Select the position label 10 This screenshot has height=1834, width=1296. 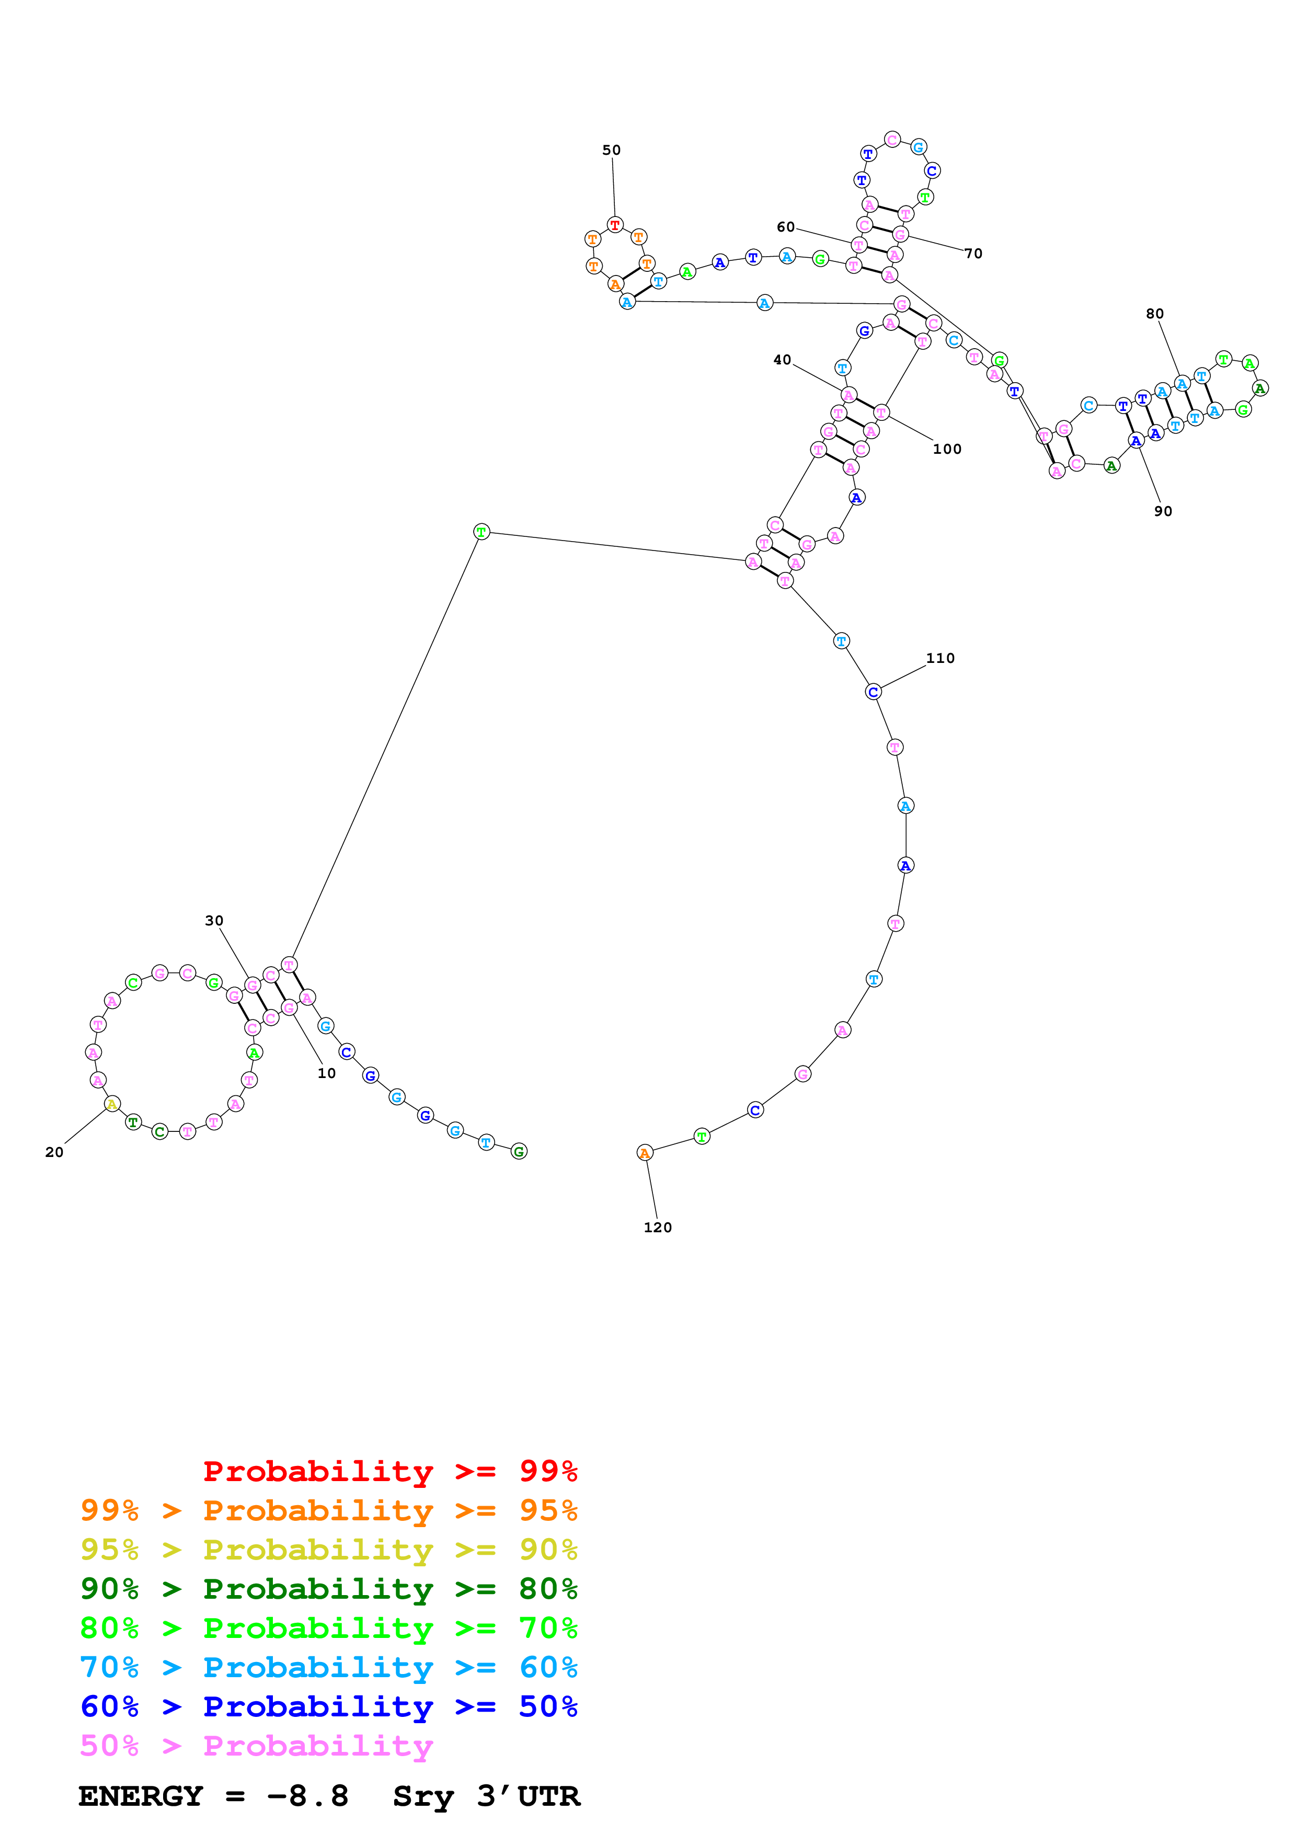pos(327,1073)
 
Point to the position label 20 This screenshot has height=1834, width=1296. pos(54,1152)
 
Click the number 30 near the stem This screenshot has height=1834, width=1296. pos(214,920)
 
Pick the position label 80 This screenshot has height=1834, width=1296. pos(1155,314)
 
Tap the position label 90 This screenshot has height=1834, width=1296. pos(1163,511)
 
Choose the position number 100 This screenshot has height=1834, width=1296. pos(947,449)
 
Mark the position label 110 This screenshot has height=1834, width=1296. pos(940,658)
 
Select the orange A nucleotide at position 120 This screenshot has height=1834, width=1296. pos(645,1153)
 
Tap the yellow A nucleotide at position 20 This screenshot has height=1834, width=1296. pos(112,1104)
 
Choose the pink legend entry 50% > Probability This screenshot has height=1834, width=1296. pos(256,1745)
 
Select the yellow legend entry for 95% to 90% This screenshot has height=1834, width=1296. pos(328,1549)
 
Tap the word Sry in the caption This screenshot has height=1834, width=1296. pos(423,1796)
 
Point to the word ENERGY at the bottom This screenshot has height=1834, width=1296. pos(141,1796)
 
